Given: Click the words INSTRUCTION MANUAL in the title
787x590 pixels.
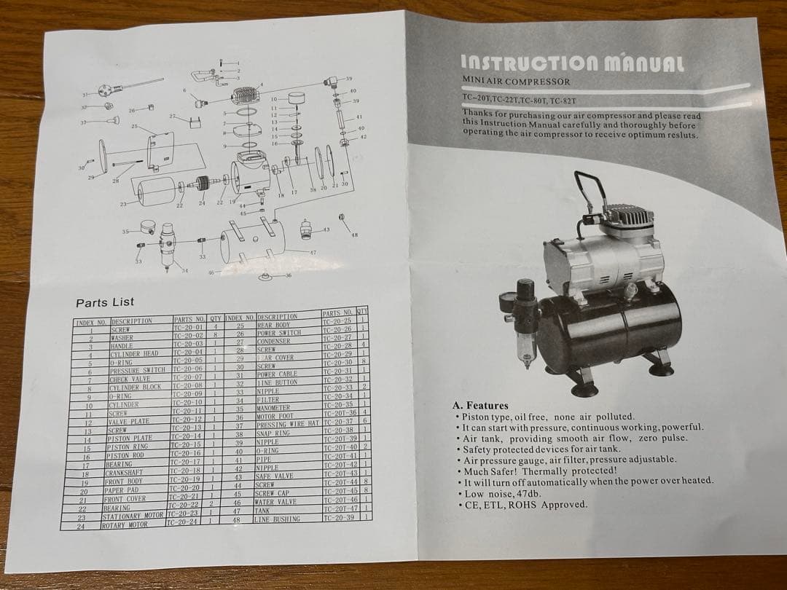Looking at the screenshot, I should coord(573,62).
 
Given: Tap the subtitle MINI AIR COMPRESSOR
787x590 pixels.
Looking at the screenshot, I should coord(516,82).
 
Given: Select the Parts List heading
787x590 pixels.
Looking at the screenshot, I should coord(105,302).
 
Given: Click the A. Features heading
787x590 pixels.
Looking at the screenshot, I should coord(480,406).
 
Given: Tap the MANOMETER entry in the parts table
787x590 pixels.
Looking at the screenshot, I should coord(274,409).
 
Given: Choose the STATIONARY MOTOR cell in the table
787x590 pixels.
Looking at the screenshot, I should coord(132,514).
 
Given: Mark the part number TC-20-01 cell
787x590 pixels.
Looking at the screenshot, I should coord(188,328).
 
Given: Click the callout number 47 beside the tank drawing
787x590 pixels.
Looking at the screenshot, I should coord(313,251).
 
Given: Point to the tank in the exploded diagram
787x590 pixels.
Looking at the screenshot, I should coord(251,240).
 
